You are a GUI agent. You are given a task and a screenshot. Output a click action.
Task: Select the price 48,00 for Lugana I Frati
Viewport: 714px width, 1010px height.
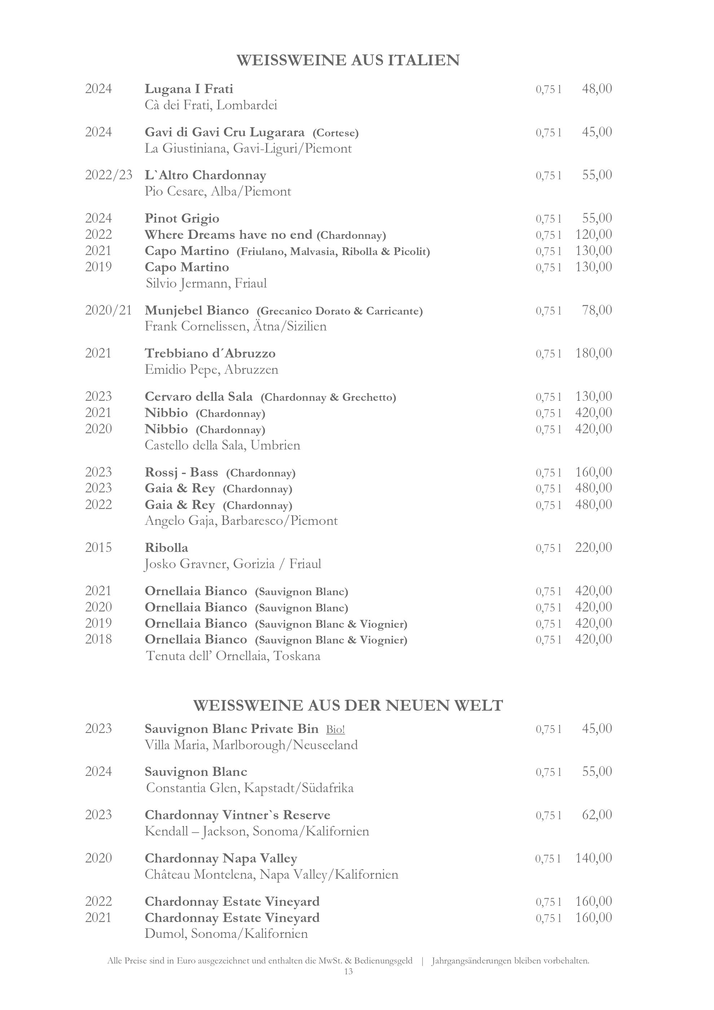[x=596, y=89]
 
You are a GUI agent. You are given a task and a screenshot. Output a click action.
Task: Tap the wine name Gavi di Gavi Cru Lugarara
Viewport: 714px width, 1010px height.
[x=224, y=132]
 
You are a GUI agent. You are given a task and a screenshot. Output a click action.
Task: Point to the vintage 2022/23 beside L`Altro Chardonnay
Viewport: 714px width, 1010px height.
[x=108, y=175]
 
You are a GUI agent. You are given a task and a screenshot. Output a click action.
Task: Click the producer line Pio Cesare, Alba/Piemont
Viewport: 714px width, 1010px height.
[x=218, y=191]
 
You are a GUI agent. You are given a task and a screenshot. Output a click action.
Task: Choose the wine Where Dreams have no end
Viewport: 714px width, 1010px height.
[x=228, y=235]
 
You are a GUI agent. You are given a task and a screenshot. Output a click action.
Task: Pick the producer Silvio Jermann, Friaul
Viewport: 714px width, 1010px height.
[x=206, y=283]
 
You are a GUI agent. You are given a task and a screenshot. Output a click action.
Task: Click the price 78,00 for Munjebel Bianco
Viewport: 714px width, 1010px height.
[x=596, y=310]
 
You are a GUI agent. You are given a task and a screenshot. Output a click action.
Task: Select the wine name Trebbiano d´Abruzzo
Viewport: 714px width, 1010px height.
[x=210, y=353]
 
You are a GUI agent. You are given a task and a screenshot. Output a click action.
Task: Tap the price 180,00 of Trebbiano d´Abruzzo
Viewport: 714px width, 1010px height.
[x=593, y=353]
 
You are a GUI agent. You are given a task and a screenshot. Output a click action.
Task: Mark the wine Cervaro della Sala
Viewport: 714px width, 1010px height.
[x=199, y=397]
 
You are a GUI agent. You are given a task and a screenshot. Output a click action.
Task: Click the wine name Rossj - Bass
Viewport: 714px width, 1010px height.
[x=181, y=473]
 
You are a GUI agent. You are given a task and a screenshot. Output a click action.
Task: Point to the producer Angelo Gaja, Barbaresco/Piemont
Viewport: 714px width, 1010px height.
[x=241, y=521]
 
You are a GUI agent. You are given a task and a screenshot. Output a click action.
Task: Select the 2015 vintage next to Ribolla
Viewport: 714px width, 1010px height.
[x=98, y=548]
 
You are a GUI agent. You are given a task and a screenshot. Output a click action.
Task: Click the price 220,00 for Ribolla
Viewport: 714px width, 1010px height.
[x=593, y=548]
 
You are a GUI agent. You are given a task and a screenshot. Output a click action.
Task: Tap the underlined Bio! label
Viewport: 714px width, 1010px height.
[x=335, y=730]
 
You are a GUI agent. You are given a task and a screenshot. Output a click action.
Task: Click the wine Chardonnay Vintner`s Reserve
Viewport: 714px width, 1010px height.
[x=237, y=815]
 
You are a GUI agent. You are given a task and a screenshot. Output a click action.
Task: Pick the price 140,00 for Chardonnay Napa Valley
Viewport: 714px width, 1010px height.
[x=593, y=858]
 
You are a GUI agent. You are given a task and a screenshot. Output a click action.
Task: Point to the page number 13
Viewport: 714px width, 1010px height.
[x=348, y=971]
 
